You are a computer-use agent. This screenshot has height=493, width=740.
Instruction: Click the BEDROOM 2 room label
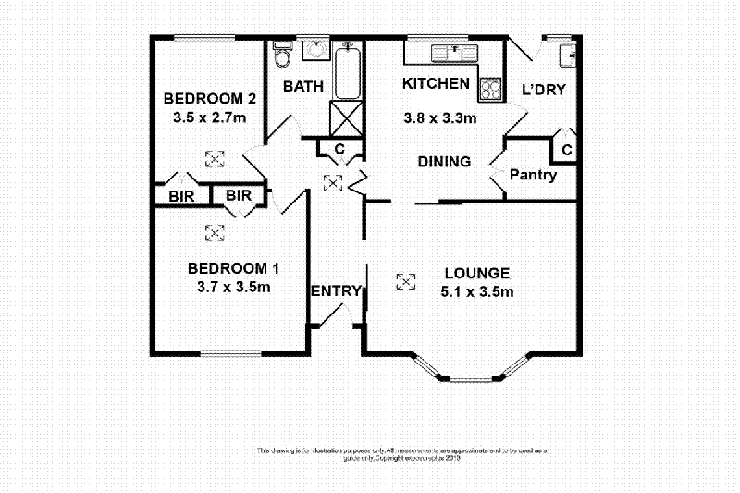point(210,99)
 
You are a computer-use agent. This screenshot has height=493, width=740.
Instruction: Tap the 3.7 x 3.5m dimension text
point(234,287)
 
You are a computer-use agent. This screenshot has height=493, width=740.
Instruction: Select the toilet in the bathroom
point(284,57)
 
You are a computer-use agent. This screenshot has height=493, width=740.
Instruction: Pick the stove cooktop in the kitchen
point(489,90)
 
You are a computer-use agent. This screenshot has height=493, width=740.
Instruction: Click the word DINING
point(444,162)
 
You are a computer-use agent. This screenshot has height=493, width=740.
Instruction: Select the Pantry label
point(534,175)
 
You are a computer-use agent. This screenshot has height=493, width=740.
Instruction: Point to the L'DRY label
point(544,90)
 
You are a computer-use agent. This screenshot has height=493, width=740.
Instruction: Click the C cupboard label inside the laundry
point(566,150)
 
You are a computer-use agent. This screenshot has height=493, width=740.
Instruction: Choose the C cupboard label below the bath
point(339,149)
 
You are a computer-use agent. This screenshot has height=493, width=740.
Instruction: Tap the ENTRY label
point(335,291)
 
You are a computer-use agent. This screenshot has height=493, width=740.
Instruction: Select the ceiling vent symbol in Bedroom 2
point(214,159)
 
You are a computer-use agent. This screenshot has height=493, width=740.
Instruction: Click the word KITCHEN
point(436,83)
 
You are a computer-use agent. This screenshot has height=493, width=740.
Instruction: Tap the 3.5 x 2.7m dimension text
point(210,117)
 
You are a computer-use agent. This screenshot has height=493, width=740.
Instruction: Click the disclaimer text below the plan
point(401,453)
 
